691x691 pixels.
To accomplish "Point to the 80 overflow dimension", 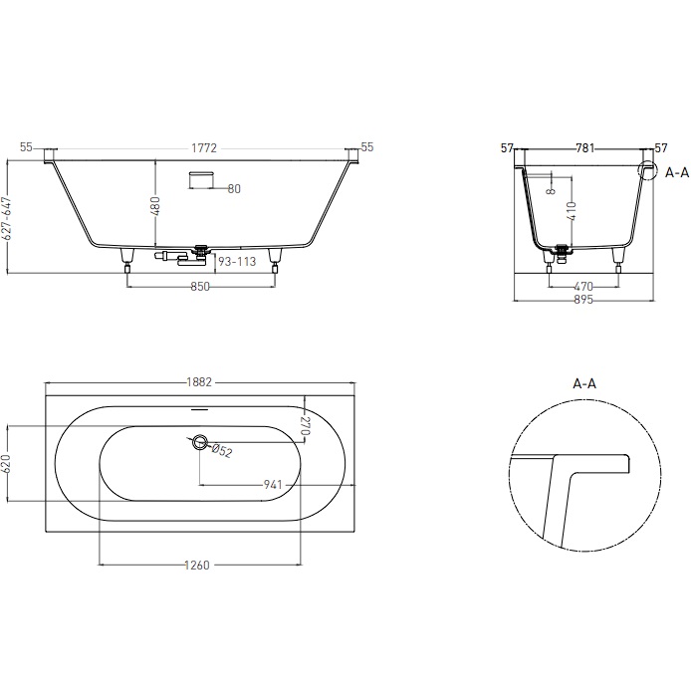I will (x=234, y=188).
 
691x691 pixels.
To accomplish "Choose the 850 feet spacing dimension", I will (x=201, y=287).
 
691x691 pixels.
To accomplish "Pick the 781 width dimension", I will (x=584, y=148).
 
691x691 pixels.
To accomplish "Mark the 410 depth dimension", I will (x=572, y=211).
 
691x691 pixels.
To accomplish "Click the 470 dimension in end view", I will (x=583, y=287).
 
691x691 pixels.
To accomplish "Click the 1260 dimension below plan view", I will (x=197, y=566).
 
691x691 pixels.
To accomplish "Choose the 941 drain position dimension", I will (x=275, y=485).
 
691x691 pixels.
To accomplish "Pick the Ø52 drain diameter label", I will (x=222, y=451).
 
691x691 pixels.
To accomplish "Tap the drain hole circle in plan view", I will (x=200, y=441).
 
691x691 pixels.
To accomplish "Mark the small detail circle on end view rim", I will (x=648, y=171).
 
